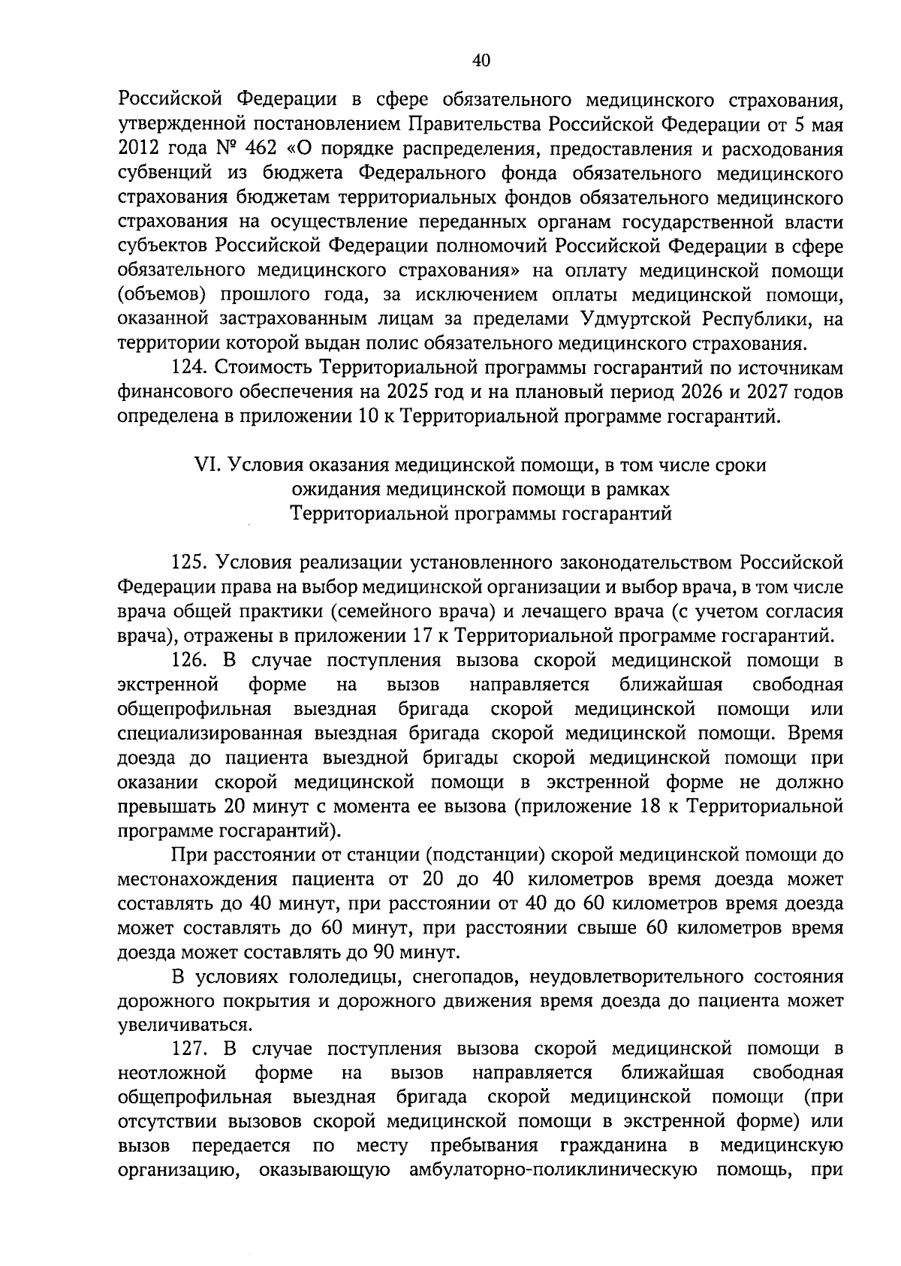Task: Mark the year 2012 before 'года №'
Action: pos(136,148)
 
